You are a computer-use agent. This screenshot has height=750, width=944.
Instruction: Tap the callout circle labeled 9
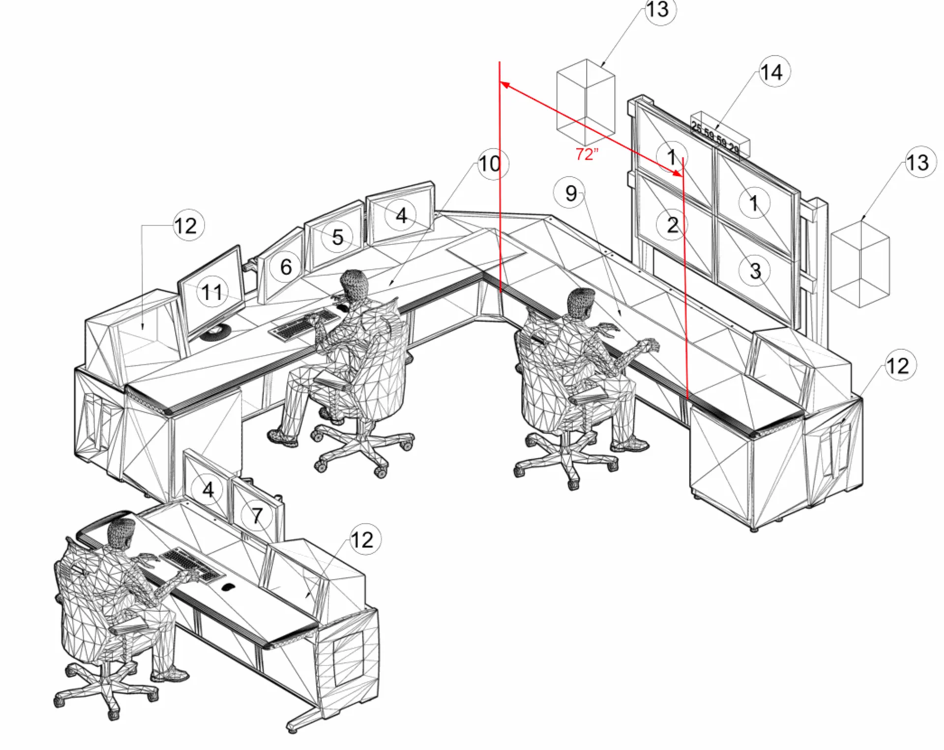[569, 193]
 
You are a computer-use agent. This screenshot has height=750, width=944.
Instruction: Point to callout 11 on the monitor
[212, 292]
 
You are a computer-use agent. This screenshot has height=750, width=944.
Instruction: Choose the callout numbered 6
[286, 267]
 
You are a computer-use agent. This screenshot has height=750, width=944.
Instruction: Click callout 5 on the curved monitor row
[337, 237]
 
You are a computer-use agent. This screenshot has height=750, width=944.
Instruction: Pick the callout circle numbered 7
[257, 515]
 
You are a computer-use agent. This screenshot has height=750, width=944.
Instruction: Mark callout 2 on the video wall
[673, 225]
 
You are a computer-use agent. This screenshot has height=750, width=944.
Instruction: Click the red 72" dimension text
[587, 154]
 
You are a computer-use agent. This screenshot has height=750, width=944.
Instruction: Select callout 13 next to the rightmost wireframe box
[918, 162]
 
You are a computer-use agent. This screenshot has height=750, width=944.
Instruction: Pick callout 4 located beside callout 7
[208, 490]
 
